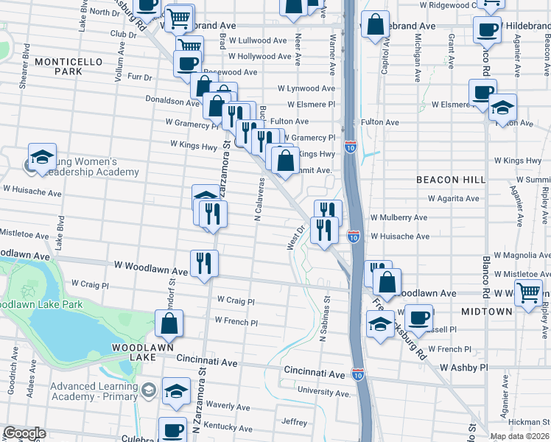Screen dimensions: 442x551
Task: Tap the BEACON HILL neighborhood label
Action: click(x=450, y=180)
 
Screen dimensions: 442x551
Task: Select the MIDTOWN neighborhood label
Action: click(x=486, y=312)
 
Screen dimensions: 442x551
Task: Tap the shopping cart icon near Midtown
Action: click(x=529, y=292)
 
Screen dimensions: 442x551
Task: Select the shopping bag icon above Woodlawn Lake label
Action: click(x=169, y=322)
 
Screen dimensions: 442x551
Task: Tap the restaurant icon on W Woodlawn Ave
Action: click(x=203, y=262)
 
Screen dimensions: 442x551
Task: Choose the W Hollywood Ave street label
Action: click(x=257, y=56)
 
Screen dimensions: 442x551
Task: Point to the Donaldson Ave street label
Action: click(x=172, y=104)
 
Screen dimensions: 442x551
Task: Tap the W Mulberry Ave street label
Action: click(x=399, y=218)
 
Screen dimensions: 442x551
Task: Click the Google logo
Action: click(x=24, y=433)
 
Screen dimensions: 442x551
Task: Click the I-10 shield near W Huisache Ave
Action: click(x=354, y=236)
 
